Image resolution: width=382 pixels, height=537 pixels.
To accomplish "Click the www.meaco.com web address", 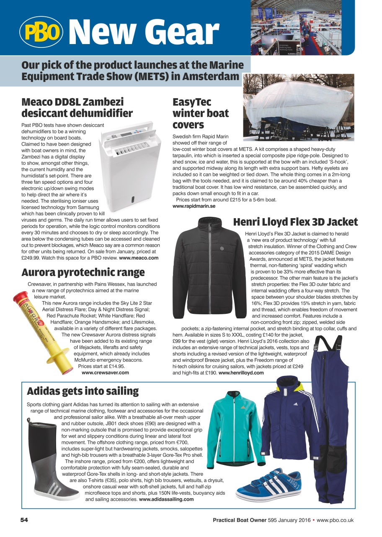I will [139, 258].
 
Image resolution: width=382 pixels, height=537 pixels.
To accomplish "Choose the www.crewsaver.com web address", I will [105, 372].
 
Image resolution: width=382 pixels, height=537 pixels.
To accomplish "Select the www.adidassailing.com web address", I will [166, 499].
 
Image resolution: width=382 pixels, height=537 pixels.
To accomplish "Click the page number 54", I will [24, 520].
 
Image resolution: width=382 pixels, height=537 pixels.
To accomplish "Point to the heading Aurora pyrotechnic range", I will [83, 272].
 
